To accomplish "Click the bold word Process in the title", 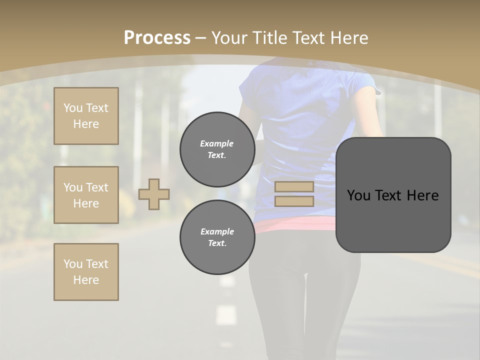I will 157,38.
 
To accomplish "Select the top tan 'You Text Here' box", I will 86,116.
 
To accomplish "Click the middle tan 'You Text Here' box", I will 86,195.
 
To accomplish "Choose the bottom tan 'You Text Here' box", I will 86,272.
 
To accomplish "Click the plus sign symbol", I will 154,194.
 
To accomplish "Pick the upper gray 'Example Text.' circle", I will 217,149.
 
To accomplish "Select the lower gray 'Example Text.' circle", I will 217,237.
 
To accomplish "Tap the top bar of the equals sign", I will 294,187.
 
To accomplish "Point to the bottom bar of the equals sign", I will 294,201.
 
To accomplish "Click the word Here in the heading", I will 348,38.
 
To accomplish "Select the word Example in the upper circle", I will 217,143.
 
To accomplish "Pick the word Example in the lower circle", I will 217,231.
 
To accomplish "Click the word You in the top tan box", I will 73,108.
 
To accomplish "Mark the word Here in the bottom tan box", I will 86,280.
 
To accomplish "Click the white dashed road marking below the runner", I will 226,315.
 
